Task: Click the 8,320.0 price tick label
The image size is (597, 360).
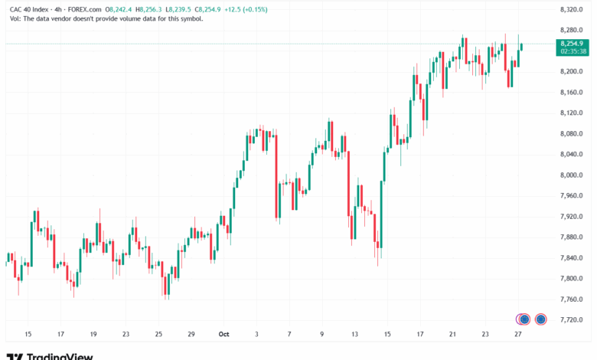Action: (x=572, y=9)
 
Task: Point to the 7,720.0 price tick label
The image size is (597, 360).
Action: (x=572, y=319)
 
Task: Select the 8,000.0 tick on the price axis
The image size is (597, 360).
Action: (x=572, y=175)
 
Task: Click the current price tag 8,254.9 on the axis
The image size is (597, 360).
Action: (x=573, y=44)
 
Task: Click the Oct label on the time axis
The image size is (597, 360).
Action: (x=224, y=335)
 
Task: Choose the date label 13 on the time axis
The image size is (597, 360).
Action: (x=355, y=335)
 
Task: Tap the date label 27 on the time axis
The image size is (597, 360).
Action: (x=518, y=335)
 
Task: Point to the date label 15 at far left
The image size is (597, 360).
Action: (x=28, y=335)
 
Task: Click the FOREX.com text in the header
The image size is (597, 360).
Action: (x=82, y=9)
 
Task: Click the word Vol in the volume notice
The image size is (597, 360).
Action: (x=15, y=18)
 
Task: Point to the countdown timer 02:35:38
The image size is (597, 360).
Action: (x=573, y=52)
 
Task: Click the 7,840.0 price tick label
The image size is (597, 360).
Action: (x=572, y=278)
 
